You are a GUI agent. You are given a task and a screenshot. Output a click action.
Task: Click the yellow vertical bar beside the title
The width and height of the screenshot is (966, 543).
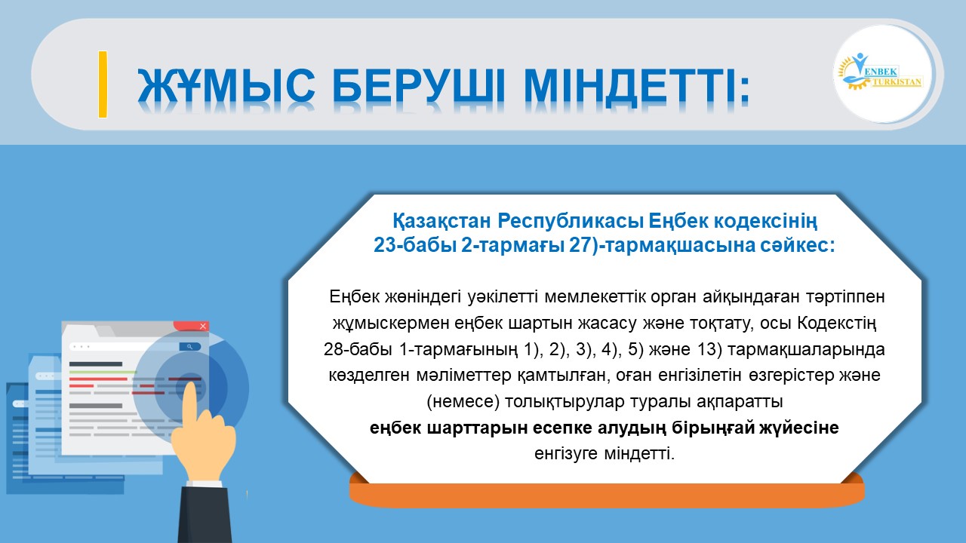click(103, 84)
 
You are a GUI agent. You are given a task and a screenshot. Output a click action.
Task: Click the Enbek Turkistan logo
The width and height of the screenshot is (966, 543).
click(882, 74)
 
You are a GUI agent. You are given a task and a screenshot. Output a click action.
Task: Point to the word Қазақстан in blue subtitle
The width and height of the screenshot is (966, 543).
click(441, 222)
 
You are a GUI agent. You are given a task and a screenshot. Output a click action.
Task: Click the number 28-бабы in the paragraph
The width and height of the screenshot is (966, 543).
click(358, 349)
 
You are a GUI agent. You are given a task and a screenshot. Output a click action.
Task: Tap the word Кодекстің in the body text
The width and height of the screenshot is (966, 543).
click(837, 324)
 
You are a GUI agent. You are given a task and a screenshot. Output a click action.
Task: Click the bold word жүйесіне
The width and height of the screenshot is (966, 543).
click(798, 428)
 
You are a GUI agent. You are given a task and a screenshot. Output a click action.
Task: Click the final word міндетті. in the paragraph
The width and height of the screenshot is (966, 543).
click(638, 454)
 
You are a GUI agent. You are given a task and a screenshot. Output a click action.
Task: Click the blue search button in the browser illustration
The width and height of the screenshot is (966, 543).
click(189, 346)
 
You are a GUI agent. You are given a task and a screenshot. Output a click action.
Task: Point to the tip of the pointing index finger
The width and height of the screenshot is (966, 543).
click(189, 384)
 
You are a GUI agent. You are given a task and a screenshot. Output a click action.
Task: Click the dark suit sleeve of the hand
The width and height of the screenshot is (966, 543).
click(205, 514)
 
